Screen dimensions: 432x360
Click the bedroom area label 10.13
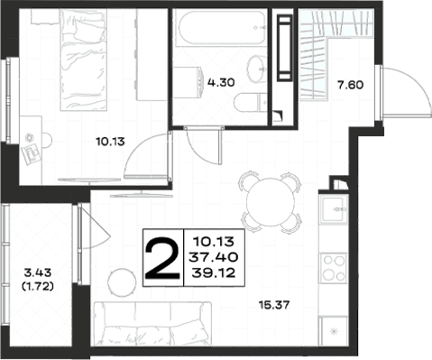tap(110, 141)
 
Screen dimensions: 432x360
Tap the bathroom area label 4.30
tap(221, 82)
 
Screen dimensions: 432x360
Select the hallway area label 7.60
tap(350, 85)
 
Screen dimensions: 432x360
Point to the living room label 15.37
tap(274, 305)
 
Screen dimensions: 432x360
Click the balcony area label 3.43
tap(38, 273)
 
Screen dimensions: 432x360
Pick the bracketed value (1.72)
tap(38, 286)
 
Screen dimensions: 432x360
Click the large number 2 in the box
tap(162, 257)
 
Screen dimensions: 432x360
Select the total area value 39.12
tap(214, 272)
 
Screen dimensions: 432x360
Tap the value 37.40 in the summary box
tap(214, 257)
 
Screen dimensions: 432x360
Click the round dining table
tap(271, 202)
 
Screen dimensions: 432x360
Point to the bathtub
tap(221, 28)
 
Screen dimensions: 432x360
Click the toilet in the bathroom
tap(251, 102)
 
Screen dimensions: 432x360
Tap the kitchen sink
tap(334, 209)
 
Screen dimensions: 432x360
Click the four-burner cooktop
tap(333, 268)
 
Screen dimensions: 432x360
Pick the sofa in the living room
tap(152, 324)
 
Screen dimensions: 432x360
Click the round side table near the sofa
tap(122, 282)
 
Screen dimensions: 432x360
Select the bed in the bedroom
tap(83, 60)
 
